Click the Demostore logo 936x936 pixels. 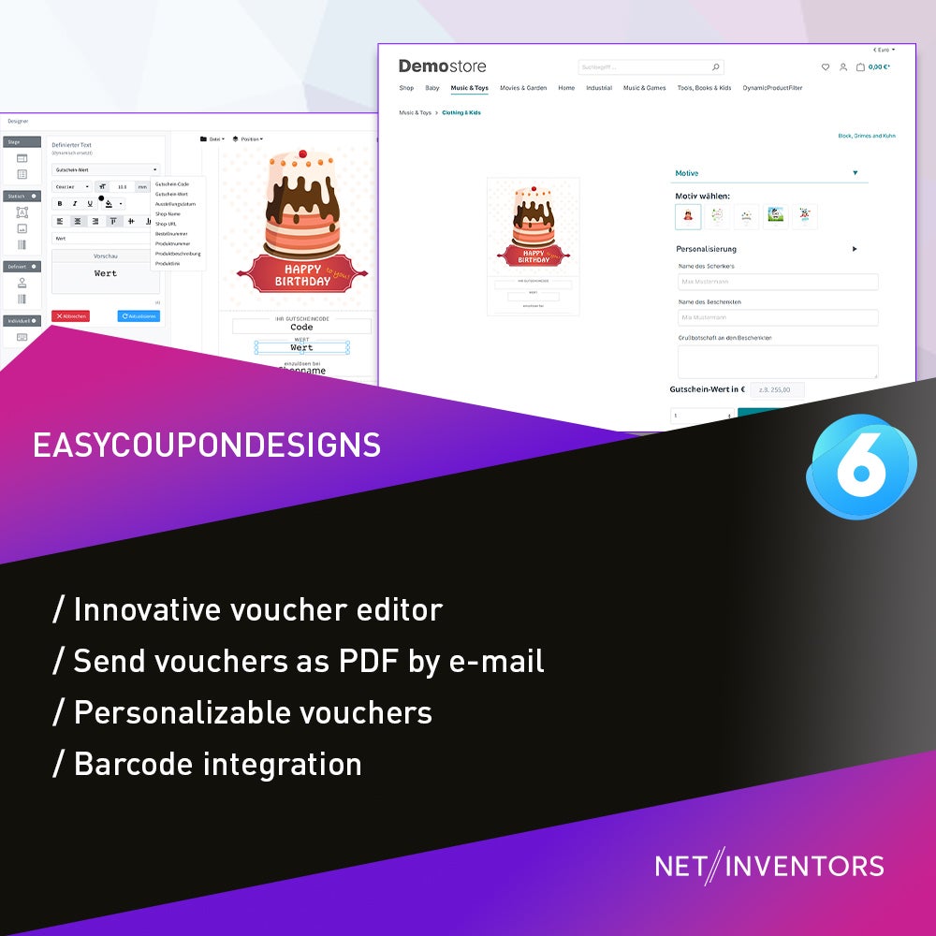[442, 66]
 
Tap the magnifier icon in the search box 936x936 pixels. [716, 67]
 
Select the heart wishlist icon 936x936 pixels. [825, 67]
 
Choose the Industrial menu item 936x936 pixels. [599, 88]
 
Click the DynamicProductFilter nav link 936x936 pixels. [772, 88]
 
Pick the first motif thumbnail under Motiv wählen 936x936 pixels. [688, 216]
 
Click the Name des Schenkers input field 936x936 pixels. [778, 282]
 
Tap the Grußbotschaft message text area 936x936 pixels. [778, 361]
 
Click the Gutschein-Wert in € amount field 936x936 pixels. [777, 389]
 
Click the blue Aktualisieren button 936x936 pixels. [139, 316]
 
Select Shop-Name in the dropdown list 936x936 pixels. [168, 214]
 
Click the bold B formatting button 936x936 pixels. [60, 203]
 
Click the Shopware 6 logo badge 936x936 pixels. [859, 465]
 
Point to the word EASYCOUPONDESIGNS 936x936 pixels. [207, 445]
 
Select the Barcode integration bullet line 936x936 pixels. [208, 764]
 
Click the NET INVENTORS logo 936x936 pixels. [769, 866]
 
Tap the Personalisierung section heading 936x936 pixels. [707, 249]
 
